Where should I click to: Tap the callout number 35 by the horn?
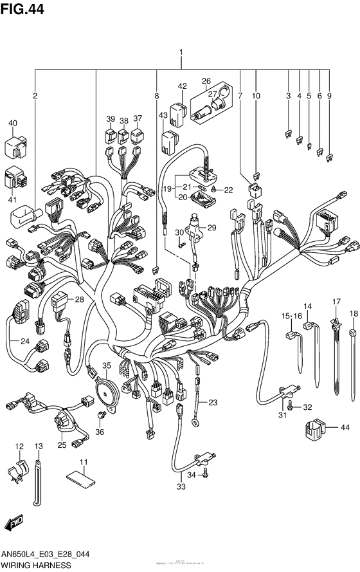coord(106,365)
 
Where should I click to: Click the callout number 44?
coord(345,427)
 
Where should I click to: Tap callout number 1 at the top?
coord(181,52)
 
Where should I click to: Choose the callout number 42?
coord(182,86)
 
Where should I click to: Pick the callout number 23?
coord(212,402)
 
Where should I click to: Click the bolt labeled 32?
coord(291,406)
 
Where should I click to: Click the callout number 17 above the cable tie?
coord(336,302)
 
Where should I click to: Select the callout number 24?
coord(24,341)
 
